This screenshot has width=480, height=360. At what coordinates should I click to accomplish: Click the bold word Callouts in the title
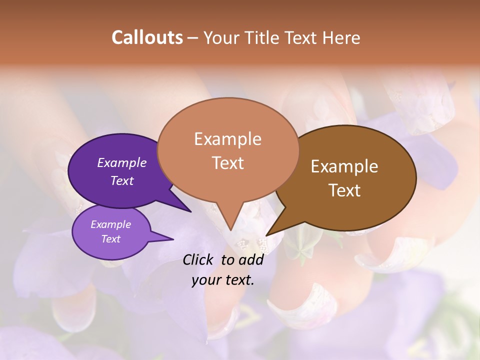tap(147, 37)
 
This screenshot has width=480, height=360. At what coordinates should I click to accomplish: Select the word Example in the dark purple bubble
tap(121, 162)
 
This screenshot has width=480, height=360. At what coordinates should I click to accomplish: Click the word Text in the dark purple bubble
tap(121, 180)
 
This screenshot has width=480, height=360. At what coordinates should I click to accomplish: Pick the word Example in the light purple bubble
tap(110, 224)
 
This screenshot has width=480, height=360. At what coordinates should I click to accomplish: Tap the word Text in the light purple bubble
tap(110, 239)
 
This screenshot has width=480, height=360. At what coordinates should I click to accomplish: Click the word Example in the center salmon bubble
tap(227, 139)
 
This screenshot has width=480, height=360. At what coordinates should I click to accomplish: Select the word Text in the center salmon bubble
tap(227, 163)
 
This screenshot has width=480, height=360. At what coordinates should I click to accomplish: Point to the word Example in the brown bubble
tap(344, 166)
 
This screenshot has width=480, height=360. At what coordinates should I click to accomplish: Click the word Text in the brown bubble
tap(344, 190)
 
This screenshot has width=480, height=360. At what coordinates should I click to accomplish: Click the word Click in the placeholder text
tap(198, 259)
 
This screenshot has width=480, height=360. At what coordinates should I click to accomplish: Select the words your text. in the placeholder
tap(223, 280)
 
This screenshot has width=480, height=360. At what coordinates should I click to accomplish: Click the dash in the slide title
tap(193, 37)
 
